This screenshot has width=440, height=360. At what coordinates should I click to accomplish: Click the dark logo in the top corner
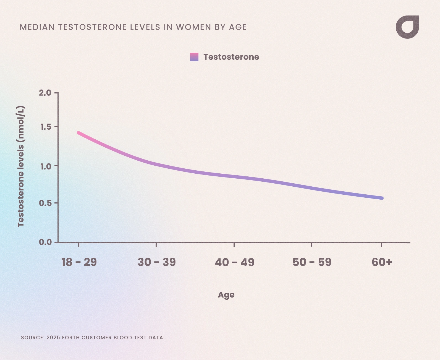pos(407,27)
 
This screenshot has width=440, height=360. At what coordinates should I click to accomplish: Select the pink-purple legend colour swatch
pos(194,57)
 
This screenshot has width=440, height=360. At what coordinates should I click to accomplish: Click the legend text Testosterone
pos(231,57)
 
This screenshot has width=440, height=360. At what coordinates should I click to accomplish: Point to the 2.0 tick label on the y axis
pos(45,93)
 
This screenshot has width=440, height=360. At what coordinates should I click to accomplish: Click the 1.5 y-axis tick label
pos(46,127)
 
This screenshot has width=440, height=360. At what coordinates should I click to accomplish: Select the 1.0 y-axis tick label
pos(46,166)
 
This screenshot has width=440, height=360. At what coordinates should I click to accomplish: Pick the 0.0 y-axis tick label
pos(45,242)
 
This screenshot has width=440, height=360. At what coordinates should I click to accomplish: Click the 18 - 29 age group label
pos(79,262)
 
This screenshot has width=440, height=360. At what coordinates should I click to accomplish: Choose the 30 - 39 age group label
pos(156,262)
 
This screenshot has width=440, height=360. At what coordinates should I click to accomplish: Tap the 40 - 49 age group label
pos(234,262)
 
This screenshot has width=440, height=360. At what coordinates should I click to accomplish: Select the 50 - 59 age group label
pos(312,262)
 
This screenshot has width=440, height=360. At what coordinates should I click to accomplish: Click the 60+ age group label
pos(382,262)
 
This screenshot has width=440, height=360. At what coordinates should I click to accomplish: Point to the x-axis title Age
pos(226,295)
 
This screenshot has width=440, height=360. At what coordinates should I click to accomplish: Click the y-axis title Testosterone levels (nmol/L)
pos(21,166)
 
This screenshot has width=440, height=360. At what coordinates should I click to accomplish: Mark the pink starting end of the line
pos(79,133)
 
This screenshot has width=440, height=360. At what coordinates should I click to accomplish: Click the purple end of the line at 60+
pos(382,198)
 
